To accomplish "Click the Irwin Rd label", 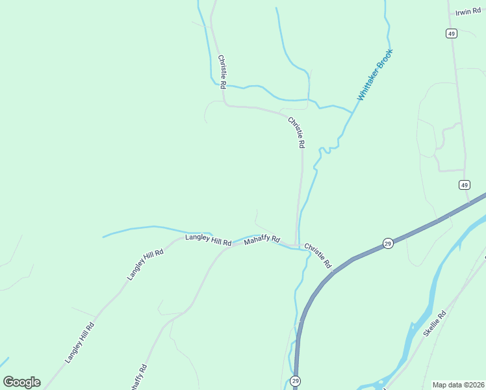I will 468,12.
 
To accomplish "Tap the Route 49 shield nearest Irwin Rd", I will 452,33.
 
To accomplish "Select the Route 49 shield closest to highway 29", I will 464,185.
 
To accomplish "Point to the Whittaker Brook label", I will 375,75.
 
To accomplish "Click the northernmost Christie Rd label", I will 222,71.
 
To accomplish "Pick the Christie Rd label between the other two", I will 296,132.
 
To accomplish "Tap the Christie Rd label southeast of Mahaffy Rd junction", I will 318,256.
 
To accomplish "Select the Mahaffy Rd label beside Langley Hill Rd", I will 261,240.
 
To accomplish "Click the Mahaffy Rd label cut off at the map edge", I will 138,377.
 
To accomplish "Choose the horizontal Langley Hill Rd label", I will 208,240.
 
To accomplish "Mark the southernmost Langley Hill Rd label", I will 80,342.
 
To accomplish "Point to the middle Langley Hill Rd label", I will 145,263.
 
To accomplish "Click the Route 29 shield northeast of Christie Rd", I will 387,242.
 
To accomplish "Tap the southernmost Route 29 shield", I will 296,380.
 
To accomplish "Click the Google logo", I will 21,382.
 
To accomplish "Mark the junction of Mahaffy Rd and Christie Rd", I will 297,245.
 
